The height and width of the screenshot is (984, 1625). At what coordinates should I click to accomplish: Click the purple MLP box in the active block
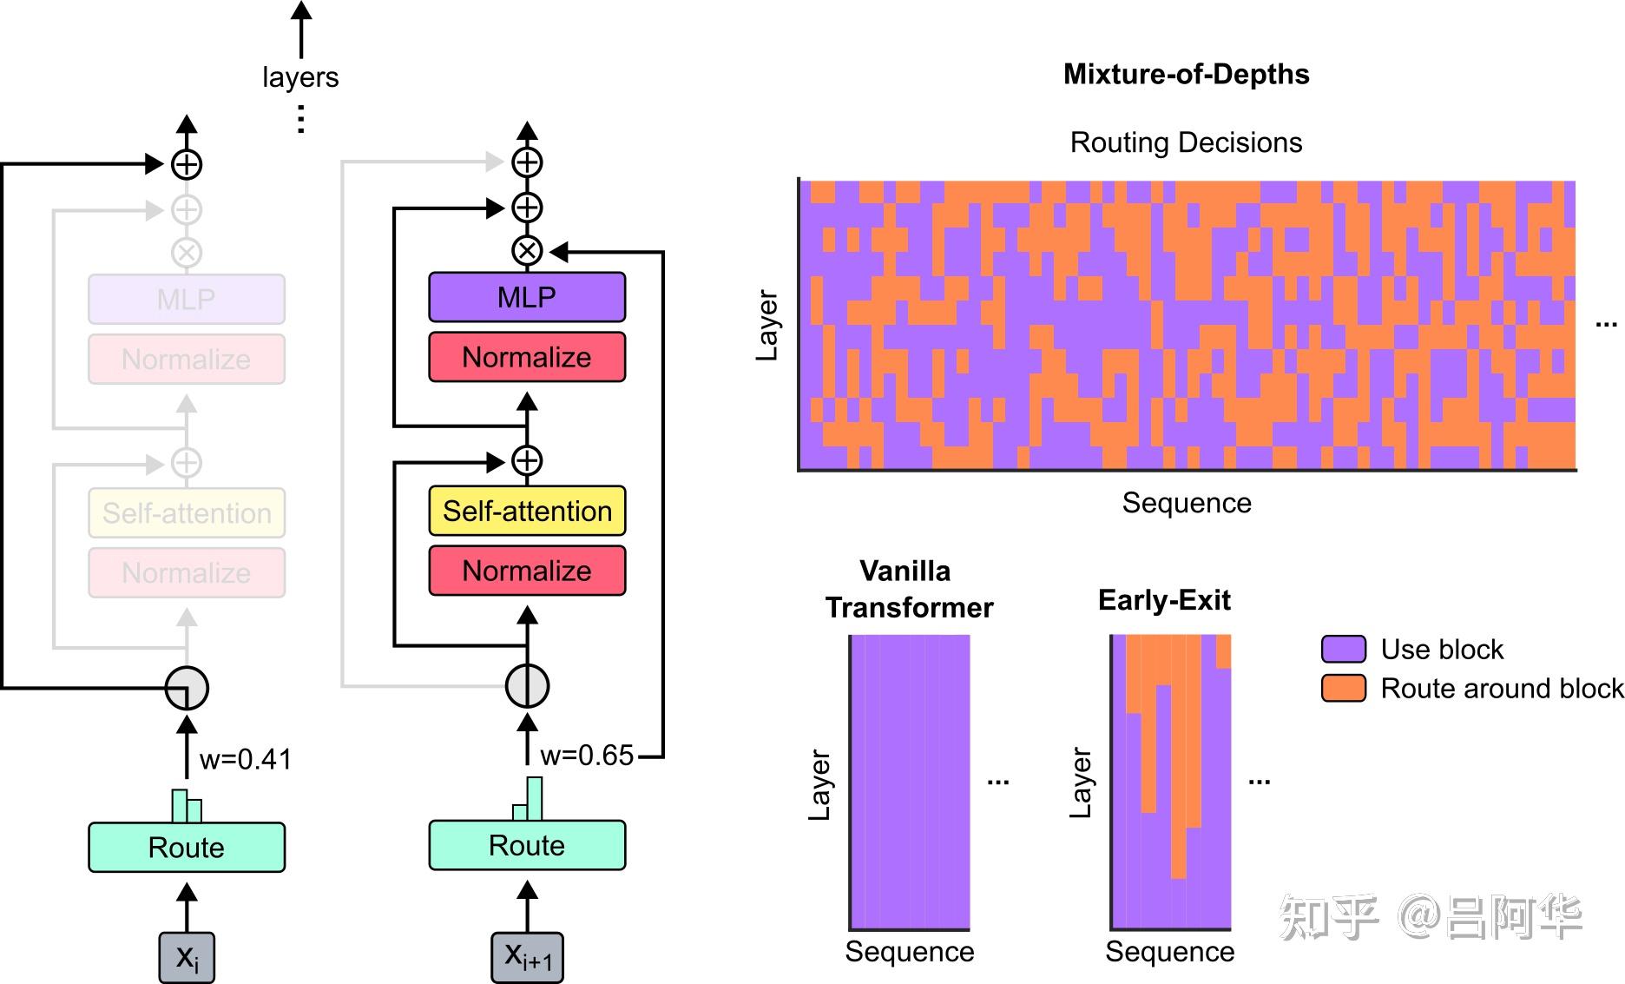527,297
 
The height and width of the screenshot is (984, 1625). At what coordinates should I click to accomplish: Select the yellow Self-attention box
527,511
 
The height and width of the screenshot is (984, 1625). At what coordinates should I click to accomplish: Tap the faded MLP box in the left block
186,300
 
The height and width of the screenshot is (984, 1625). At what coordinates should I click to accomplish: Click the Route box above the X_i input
186,847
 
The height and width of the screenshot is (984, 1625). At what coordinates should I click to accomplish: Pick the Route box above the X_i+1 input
527,845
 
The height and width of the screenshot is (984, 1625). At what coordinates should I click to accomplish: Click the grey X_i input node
186,957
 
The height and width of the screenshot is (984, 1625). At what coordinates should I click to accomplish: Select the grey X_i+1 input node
527,957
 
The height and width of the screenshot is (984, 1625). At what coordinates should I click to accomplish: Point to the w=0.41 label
246,759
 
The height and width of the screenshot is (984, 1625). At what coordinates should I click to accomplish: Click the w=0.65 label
587,756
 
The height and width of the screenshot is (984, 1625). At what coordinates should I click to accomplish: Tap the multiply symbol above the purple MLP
527,251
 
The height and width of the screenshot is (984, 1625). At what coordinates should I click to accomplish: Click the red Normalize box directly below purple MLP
527,357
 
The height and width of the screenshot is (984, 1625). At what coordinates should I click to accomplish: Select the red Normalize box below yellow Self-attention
527,571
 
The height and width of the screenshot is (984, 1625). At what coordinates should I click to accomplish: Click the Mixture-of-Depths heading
1186,74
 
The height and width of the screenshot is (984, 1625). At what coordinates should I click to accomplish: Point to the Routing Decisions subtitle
1186,142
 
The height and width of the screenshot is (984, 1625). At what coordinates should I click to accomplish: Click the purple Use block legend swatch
1343,649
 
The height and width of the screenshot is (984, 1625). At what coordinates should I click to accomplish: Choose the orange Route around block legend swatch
1343,688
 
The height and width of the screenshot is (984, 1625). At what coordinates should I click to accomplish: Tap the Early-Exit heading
1164,600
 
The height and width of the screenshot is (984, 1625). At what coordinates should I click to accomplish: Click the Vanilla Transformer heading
908,589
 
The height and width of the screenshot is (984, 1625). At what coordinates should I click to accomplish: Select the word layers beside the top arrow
300,77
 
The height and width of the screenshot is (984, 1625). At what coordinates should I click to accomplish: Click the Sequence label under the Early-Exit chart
1169,952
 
